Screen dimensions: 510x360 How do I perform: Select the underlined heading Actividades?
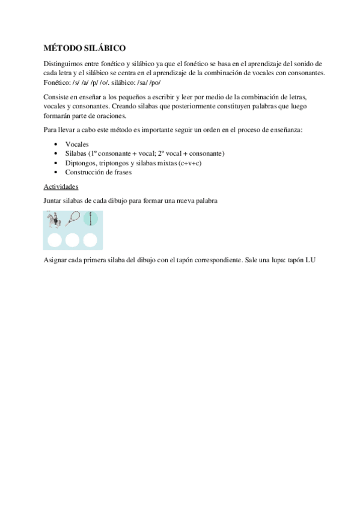[61, 186]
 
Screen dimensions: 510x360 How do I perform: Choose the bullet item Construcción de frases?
[99, 172]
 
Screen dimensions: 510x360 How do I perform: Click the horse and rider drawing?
[55, 221]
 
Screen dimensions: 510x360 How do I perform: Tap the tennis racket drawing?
[73, 221]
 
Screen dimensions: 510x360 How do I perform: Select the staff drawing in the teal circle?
[91, 220]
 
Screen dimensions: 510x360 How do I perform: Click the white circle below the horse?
[55, 241]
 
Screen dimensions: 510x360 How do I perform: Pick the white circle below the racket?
[73, 241]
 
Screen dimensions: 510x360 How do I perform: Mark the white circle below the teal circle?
[90, 241]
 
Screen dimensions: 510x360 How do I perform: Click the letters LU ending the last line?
[310, 260]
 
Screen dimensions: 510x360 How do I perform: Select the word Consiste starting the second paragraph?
[57, 98]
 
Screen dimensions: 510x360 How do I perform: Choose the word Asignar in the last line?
[56, 260]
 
